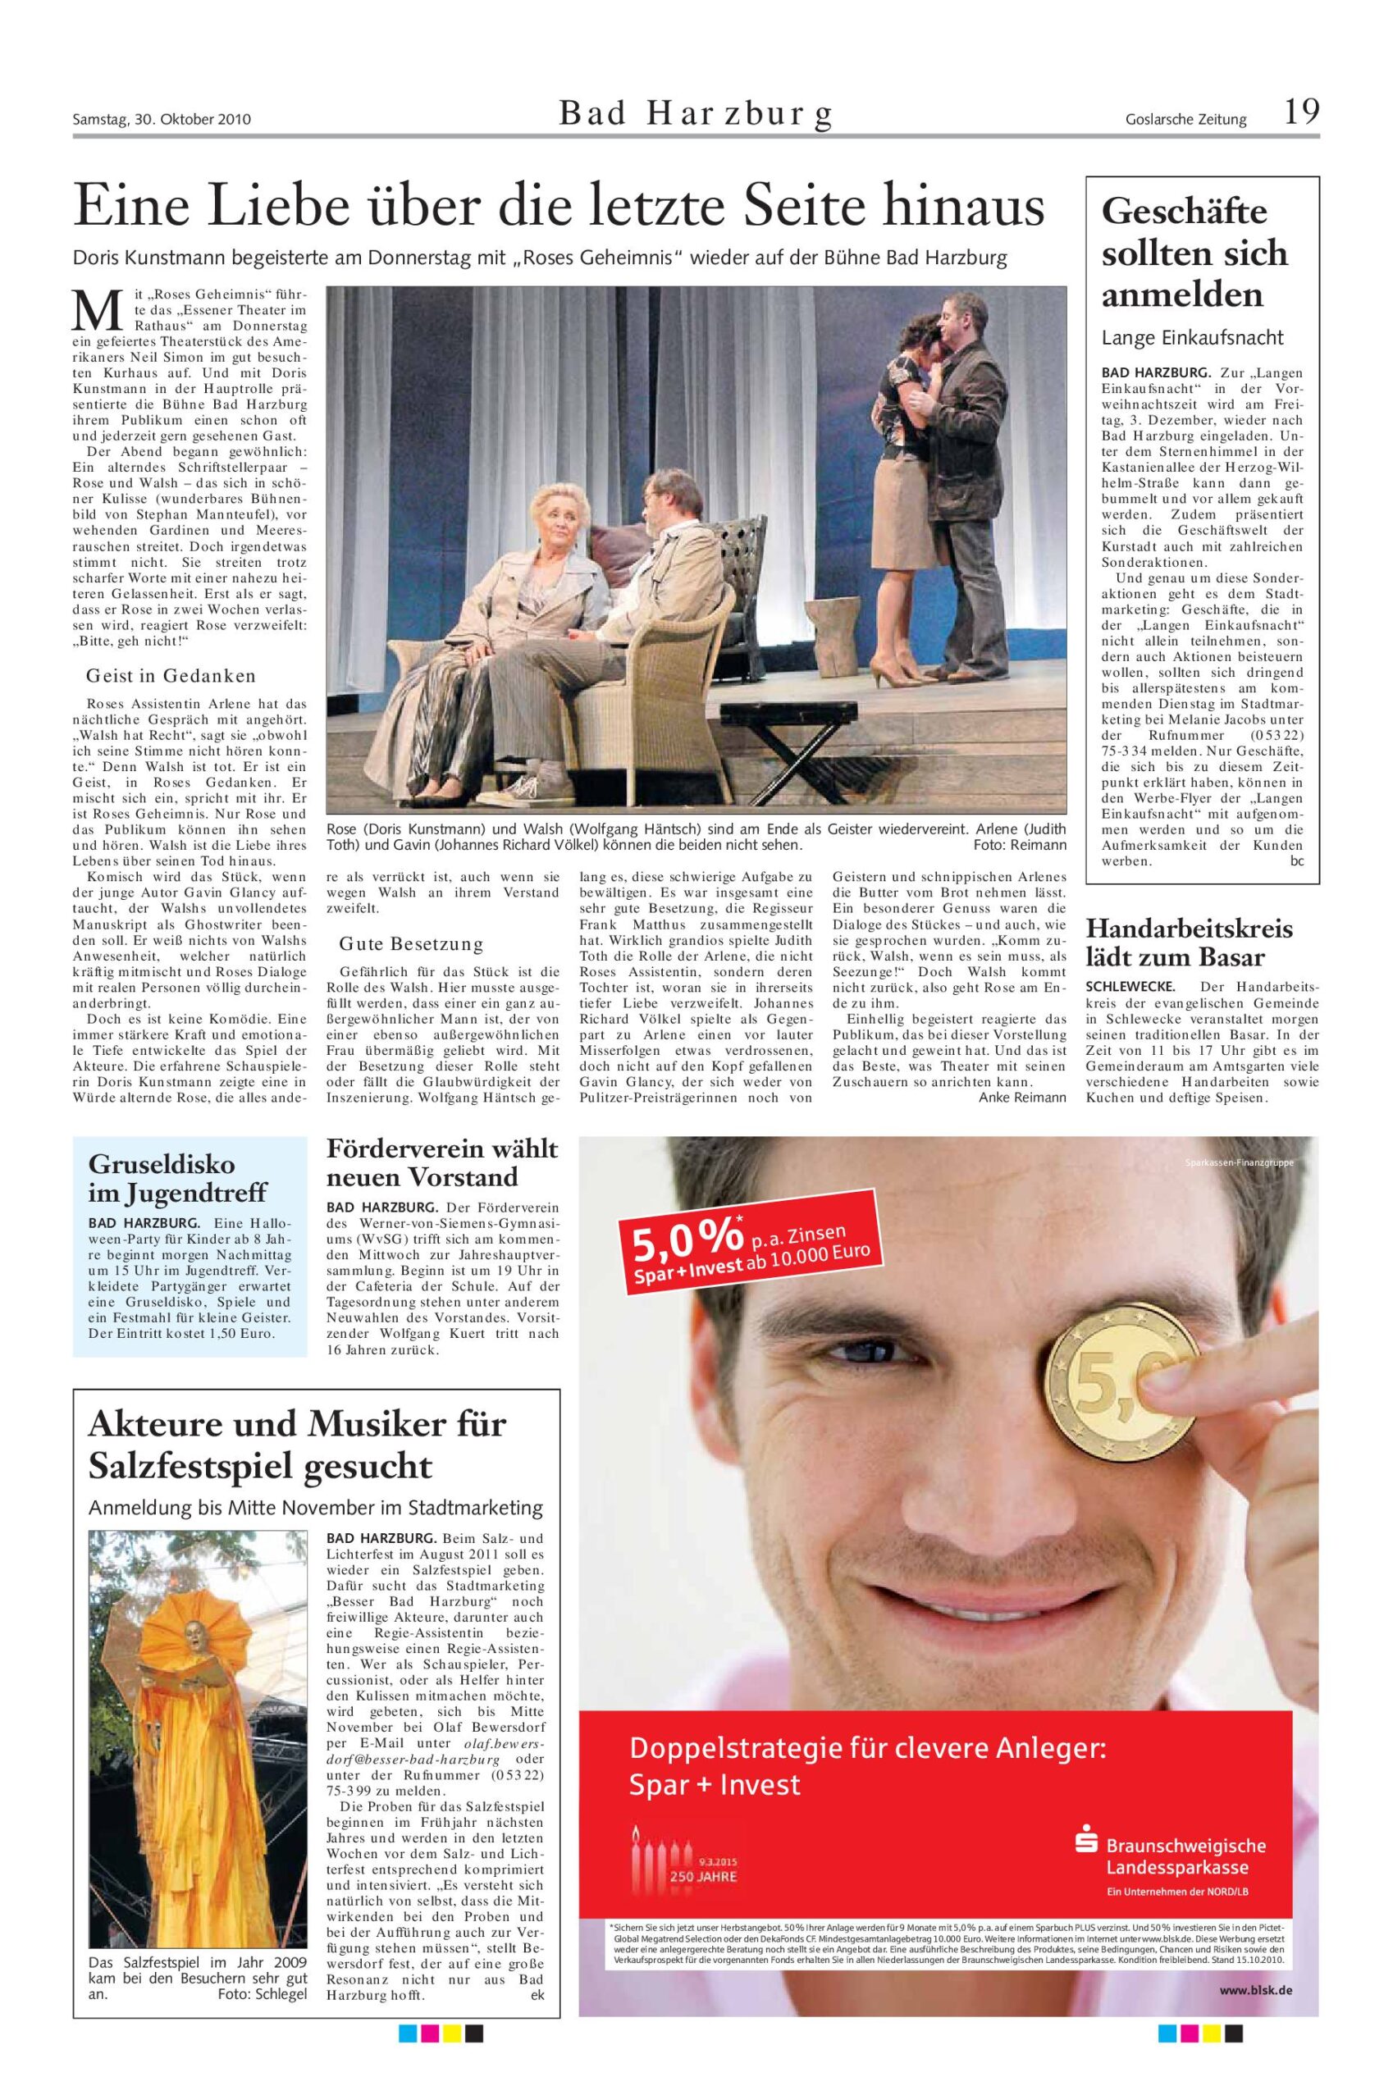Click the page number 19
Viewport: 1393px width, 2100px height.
tap(1300, 113)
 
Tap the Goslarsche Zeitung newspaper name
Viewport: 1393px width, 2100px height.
tap(1185, 119)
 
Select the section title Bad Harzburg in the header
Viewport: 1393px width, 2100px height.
tap(696, 115)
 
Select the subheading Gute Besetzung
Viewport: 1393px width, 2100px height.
tap(410, 943)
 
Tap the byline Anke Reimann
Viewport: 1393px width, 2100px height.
tap(1021, 1097)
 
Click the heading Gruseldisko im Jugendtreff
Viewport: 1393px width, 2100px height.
tap(176, 1178)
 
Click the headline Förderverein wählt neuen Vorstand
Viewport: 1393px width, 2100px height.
tap(441, 1163)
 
